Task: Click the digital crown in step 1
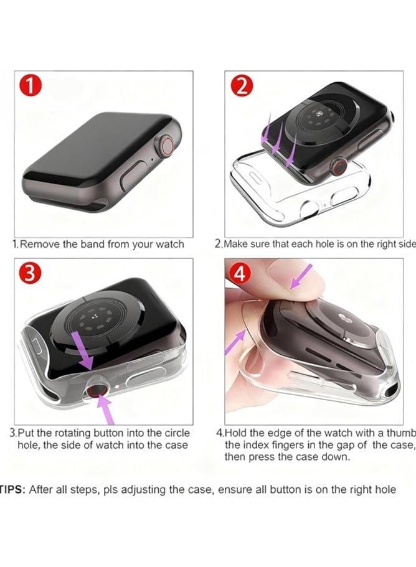tap(168, 150)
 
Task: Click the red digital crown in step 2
tap(339, 166)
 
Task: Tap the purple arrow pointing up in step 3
tap(106, 410)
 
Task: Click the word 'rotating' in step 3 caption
tap(73, 433)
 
